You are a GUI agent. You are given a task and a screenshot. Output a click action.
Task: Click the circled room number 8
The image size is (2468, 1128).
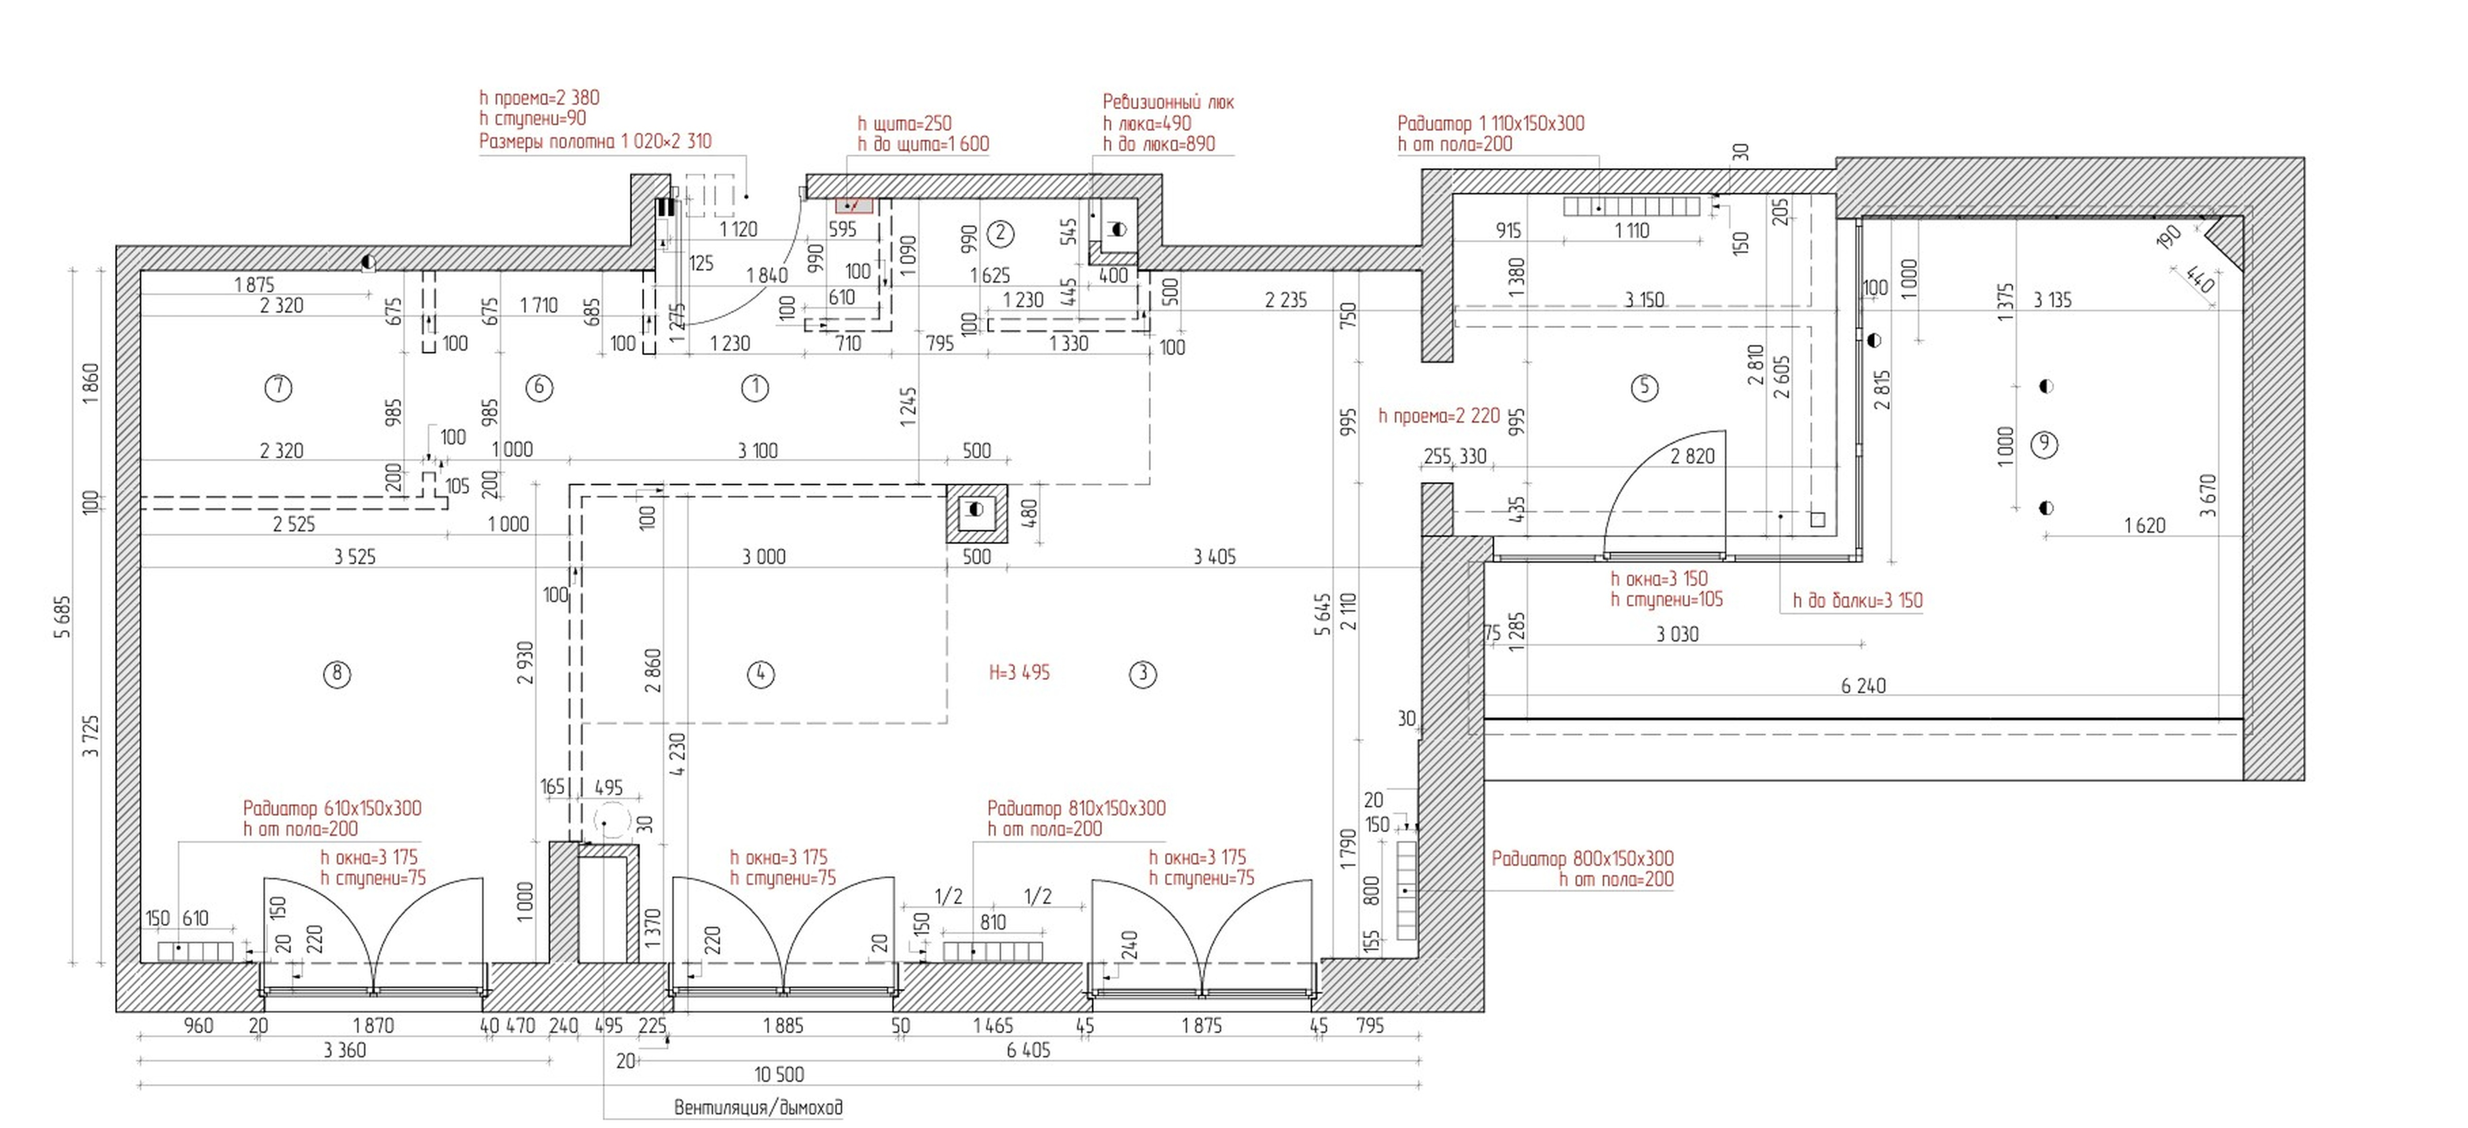336,675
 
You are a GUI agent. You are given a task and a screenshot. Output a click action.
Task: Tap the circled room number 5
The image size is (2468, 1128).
1644,387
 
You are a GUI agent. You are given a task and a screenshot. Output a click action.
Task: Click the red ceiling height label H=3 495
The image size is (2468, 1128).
1019,673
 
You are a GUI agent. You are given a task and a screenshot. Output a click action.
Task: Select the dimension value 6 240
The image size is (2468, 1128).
1863,686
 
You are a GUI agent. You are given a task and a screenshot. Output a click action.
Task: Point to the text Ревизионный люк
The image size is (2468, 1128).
1168,102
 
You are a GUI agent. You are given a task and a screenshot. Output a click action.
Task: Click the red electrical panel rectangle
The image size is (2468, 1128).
853,205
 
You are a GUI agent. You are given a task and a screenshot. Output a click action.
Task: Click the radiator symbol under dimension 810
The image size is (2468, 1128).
993,952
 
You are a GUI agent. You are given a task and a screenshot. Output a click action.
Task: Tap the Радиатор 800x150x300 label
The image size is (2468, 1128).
1583,859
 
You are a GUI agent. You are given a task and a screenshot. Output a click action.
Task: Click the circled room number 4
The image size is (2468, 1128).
760,675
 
